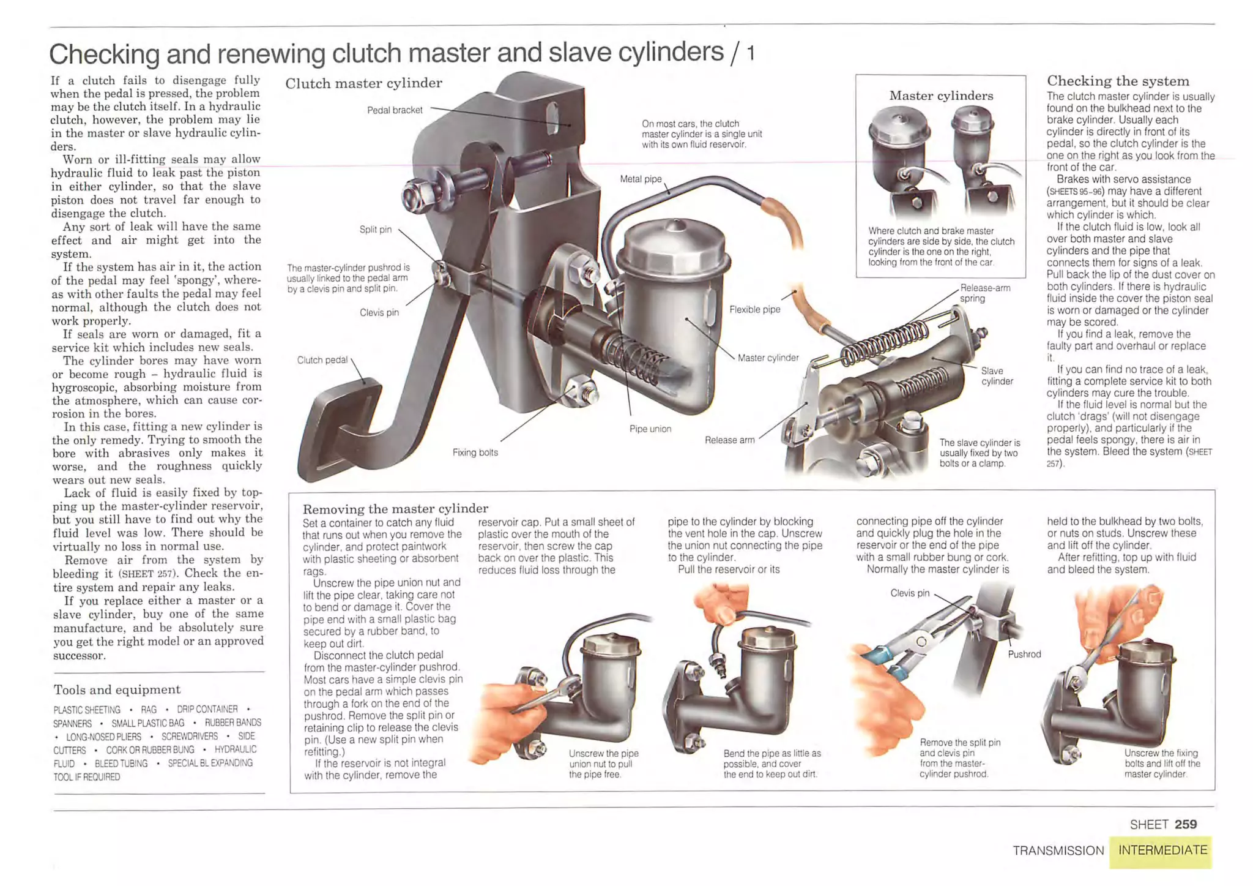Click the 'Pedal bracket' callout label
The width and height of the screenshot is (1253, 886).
[x=395, y=110]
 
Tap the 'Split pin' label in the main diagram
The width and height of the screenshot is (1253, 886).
[x=375, y=230]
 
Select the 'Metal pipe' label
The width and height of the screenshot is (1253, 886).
[x=641, y=179]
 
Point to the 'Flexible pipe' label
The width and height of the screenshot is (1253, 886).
[x=754, y=310]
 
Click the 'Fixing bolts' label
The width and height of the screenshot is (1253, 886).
[x=475, y=452]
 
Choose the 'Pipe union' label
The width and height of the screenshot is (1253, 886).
[x=650, y=429]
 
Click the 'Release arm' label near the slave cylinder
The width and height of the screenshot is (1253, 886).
[x=729, y=440]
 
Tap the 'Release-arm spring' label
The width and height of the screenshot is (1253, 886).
[x=984, y=293]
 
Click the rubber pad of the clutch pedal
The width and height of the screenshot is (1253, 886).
[x=336, y=429]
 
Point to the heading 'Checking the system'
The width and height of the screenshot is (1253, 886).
[x=1118, y=81]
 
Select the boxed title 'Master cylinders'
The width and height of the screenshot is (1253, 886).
[x=941, y=96]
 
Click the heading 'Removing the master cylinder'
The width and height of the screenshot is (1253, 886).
[x=395, y=509]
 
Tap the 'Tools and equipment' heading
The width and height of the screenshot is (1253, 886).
[x=117, y=690]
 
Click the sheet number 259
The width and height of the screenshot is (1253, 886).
[x=1185, y=824]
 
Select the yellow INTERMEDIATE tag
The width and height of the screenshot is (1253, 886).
[x=1162, y=850]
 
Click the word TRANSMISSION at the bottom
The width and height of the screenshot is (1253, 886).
[x=1058, y=850]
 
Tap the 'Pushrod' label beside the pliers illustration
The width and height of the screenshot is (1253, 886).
[x=1024, y=655]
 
